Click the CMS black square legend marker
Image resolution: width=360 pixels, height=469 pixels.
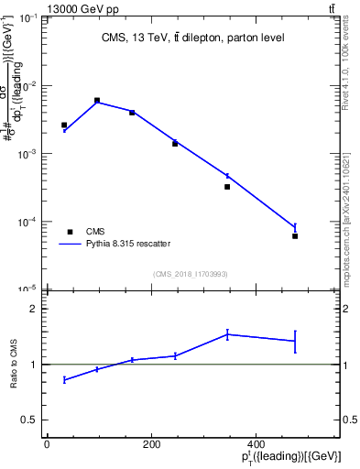(69, 232)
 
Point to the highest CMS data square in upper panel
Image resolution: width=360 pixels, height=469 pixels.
(97, 100)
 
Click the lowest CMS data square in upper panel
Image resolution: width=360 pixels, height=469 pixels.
(295, 236)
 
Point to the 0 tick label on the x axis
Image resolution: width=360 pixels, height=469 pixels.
(47, 443)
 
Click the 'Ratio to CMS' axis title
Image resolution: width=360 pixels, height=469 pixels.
(15, 365)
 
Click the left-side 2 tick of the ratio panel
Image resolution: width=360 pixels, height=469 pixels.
(35, 310)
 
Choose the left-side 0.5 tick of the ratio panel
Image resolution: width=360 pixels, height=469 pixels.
(31, 420)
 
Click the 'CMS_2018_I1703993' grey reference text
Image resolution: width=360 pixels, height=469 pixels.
(191, 274)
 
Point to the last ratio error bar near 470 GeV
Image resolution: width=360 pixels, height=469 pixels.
(295, 341)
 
